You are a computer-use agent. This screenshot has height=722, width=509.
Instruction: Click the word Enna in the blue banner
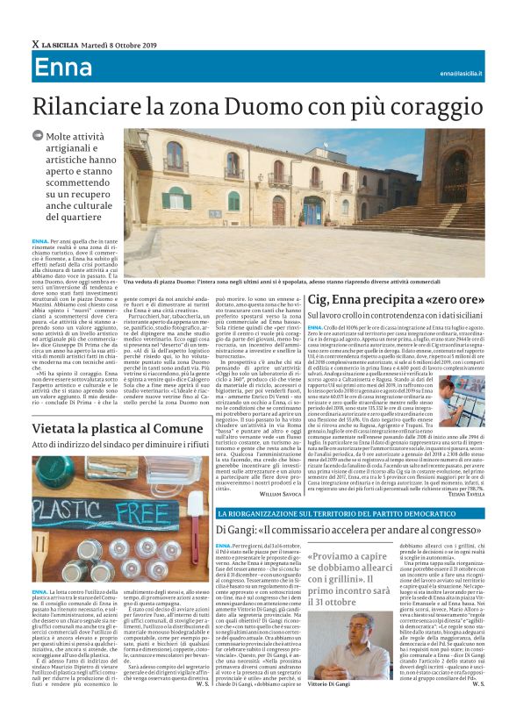(x=63, y=67)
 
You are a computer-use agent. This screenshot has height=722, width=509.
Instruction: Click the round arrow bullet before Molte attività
(x=36, y=136)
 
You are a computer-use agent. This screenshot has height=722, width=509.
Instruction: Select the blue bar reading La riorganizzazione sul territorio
(x=334, y=511)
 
